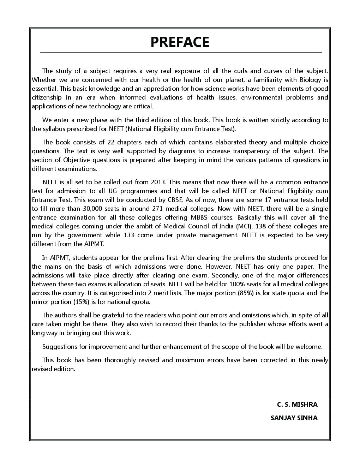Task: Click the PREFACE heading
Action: pos(180,42)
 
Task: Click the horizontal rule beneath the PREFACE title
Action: pos(181,53)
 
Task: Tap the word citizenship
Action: pos(47,97)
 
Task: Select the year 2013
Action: pos(158,182)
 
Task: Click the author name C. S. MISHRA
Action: pos(297,405)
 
